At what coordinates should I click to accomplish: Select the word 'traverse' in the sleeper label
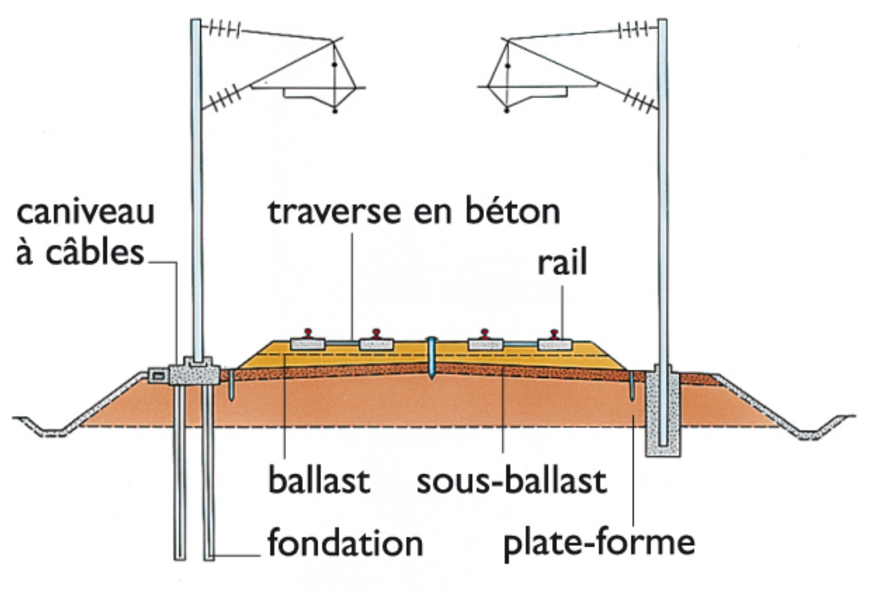pyautogui.click(x=324, y=212)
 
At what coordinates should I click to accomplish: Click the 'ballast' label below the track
pyautogui.click(x=319, y=481)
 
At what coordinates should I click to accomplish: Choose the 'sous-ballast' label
pyautogui.click(x=511, y=481)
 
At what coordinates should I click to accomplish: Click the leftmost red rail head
pyautogui.click(x=307, y=332)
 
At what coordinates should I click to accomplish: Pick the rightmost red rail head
pyautogui.click(x=554, y=333)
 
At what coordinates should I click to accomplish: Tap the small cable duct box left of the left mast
pyautogui.click(x=158, y=376)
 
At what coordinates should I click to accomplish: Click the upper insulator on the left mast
pyautogui.click(x=221, y=30)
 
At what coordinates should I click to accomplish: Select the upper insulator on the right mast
pyautogui.click(x=634, y=30)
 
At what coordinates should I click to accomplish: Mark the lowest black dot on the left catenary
pyautogui.click(x=335, y=111)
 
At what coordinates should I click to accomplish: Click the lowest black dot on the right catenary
pyautogui.click(x=507, y=111)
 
